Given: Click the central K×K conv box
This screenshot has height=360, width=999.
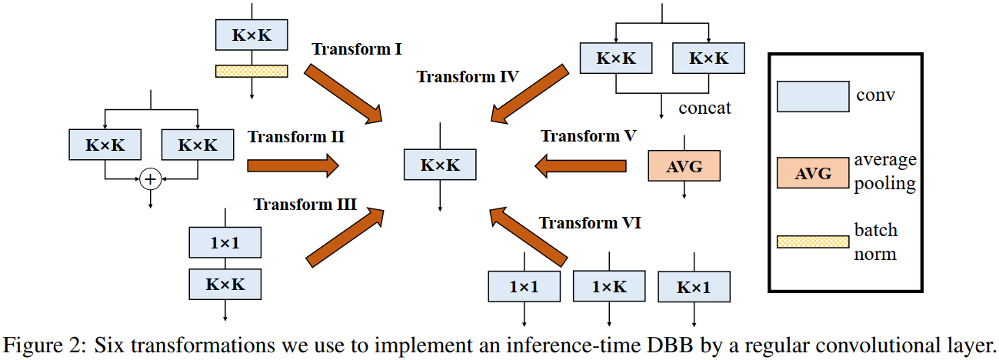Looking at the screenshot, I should tap(440, 165).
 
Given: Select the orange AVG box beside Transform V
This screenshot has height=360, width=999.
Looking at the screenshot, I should tap(684, 165).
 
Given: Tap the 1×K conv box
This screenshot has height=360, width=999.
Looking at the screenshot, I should tap(608, 287).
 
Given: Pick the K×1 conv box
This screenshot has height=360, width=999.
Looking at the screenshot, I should tap(694, 287).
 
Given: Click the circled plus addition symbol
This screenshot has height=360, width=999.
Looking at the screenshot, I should tap(151, 179).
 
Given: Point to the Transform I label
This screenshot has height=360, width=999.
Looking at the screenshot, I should tap(357, 49).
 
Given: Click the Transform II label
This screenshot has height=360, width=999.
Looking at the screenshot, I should tap(295, 137).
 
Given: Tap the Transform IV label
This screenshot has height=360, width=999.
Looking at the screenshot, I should tap(468, 76).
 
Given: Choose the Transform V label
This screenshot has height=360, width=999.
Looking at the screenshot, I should tap(588, 136).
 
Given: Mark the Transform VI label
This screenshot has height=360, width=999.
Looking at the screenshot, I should tap(590, 223).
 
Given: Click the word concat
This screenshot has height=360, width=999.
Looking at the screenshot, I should tap(704, 108).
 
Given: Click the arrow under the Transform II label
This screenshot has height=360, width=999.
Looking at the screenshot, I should tap(292, 164).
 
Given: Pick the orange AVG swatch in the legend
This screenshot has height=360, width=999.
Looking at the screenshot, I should tap(813, 173).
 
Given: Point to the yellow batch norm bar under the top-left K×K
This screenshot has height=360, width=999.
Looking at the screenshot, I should tap(251, 71).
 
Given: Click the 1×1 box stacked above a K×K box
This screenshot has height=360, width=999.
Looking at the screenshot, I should tap(225, 244).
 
